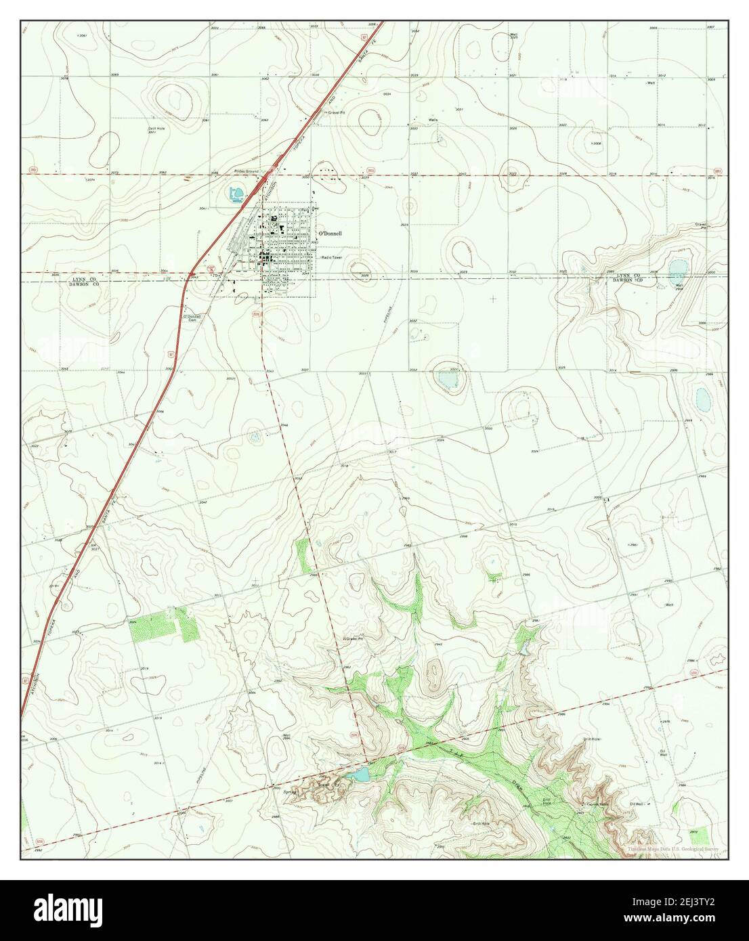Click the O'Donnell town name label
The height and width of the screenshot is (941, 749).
[330, 234]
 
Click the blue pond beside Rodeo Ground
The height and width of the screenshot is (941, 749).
[236, 196]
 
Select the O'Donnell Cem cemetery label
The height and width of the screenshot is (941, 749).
[192, 317]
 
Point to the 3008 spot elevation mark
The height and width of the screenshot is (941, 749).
[595, 144]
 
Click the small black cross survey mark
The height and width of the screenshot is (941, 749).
[492, 298]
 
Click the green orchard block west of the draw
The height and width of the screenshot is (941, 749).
[160, 623]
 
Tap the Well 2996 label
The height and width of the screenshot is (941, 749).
[286, 737]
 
